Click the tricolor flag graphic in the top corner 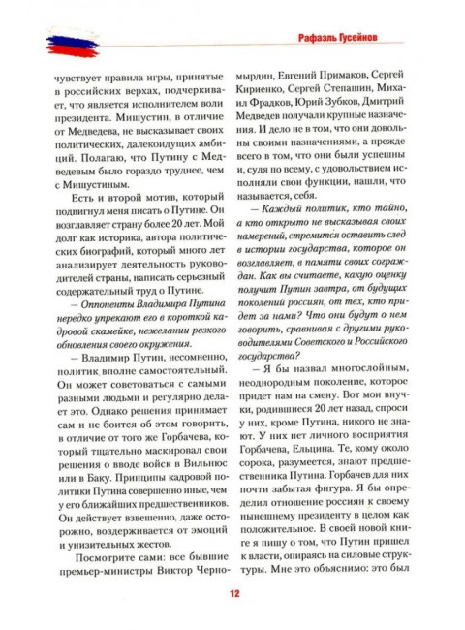tap(50, 43)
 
